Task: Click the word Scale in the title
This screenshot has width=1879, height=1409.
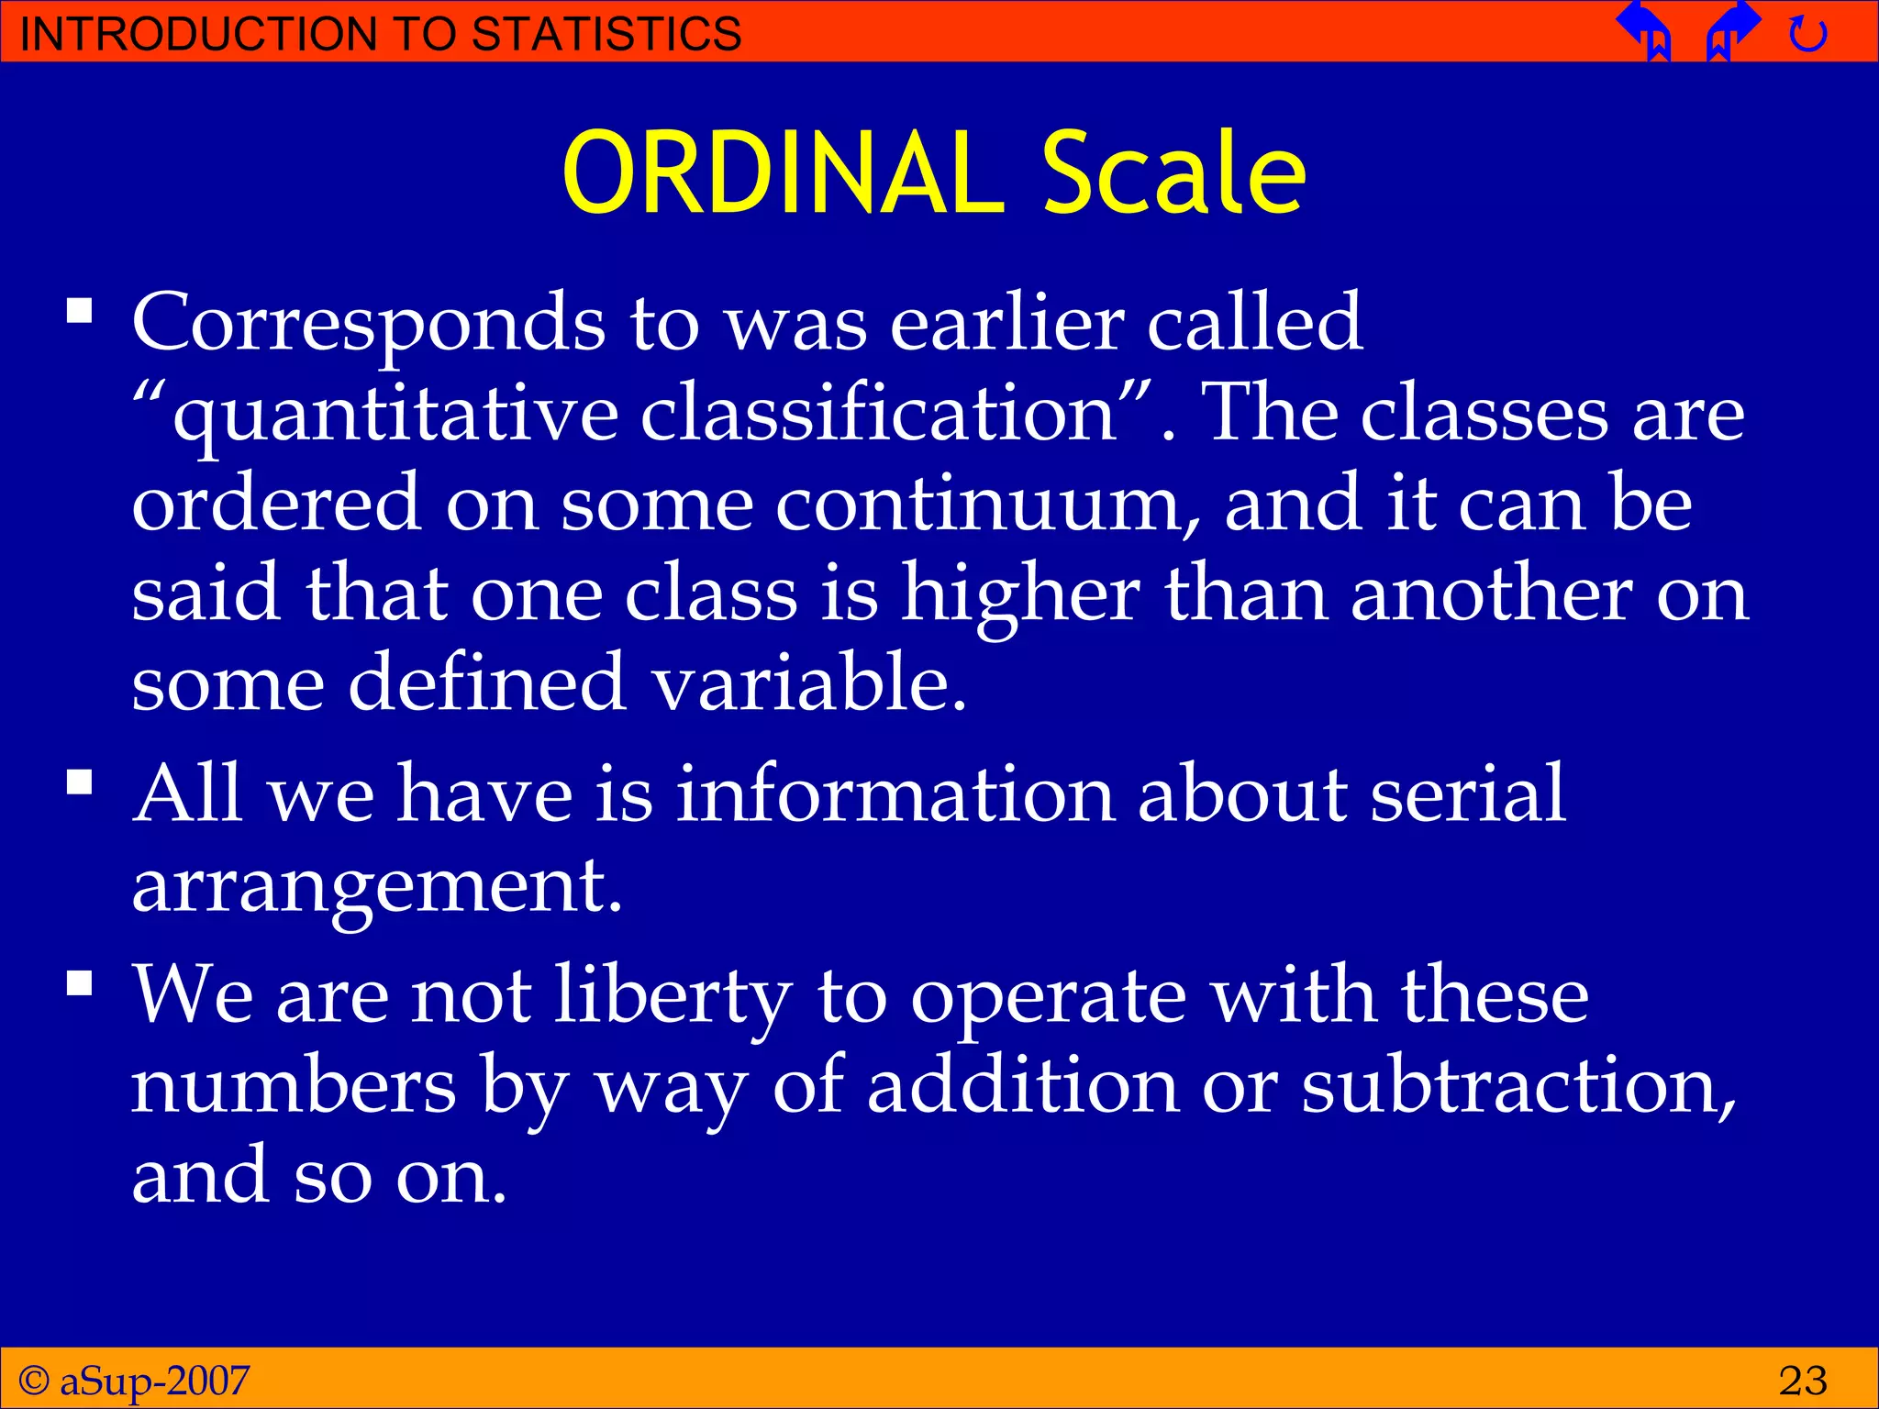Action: (x=1173, y=174)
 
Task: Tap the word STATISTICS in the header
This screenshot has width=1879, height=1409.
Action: (x=606, y=34)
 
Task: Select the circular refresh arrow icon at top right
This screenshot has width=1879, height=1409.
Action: (x=1807, y=35)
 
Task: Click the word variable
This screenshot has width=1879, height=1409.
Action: (x=808, y=683)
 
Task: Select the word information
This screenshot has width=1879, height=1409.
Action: (x=895, y=794)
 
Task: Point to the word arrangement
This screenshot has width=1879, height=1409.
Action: (x=376, y=888)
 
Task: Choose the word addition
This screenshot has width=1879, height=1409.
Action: (x=1022, y=1088)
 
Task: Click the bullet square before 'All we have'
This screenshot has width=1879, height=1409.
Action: (x=81, y=782)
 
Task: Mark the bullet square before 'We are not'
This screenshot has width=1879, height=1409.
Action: (x=81, y=984)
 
